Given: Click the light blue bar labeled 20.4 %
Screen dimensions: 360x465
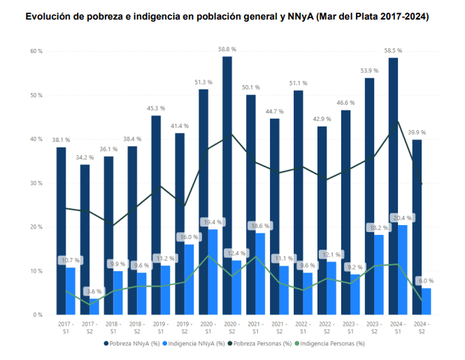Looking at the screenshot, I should (x=403, y=270).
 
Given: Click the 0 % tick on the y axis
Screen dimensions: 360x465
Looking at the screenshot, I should (x=38, y=315).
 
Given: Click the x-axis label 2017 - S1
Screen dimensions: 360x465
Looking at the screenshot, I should (x=66, y=328).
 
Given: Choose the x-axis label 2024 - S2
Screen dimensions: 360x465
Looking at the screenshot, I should (x=422, y=328).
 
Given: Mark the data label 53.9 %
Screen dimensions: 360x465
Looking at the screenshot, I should (x=369, y=71).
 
